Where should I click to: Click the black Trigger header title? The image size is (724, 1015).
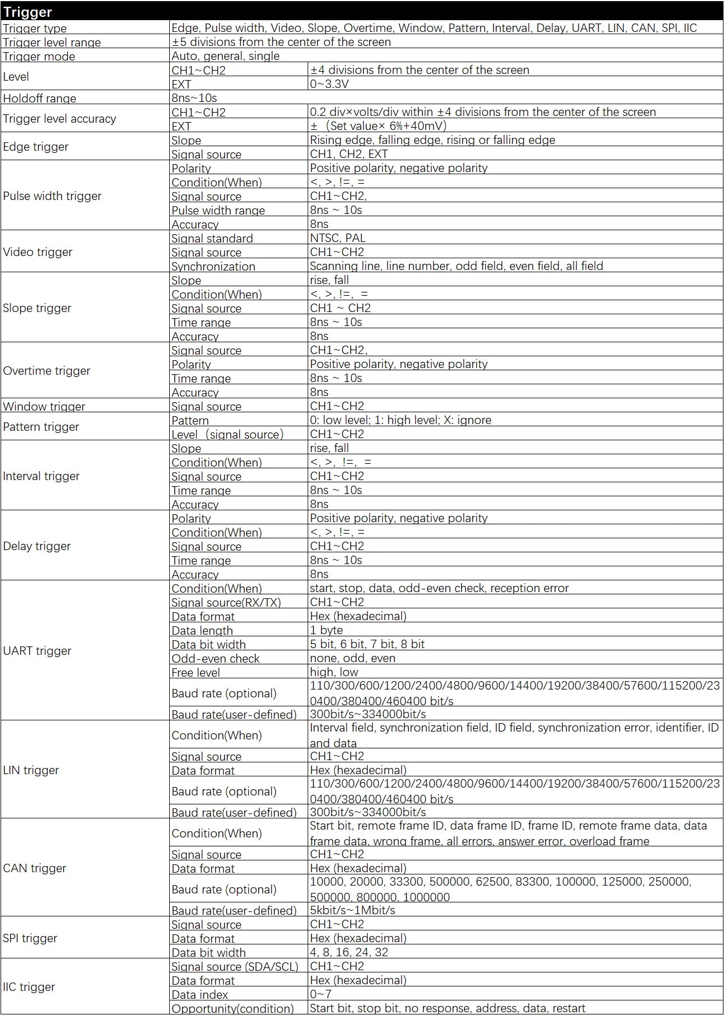pos(27,12)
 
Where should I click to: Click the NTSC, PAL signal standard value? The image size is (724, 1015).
pos(337,238)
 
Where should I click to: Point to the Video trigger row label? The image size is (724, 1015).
pos(38,252)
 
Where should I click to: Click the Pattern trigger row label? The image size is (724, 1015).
pos(41,427)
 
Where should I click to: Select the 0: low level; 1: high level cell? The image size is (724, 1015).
pos(400,420)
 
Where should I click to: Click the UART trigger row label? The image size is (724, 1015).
pos(37,651)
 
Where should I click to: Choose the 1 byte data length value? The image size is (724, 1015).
pos(326,630)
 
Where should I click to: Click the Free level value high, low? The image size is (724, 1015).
pos(333,672)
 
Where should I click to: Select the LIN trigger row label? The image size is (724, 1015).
pos(31,770)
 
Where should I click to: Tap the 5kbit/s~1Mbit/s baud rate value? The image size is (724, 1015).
pos(352,910)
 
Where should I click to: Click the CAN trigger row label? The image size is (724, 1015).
pos(34,868)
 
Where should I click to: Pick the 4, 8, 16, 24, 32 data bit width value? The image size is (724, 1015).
pos(349,952)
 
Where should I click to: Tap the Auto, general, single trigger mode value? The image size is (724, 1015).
pos(225,56)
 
